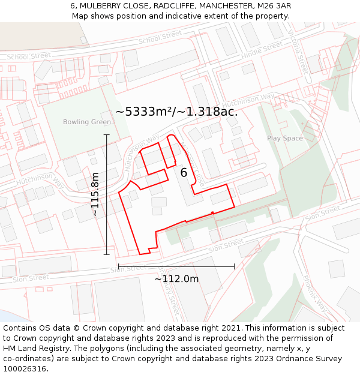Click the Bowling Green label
[87, 122]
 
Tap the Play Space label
[285, 139]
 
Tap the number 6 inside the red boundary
[184, 173]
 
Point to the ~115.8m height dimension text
[95, 194]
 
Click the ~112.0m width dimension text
[176, 278]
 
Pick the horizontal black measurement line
[176, 266]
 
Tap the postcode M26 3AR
[275, 6]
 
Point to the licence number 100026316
[26, 368]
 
